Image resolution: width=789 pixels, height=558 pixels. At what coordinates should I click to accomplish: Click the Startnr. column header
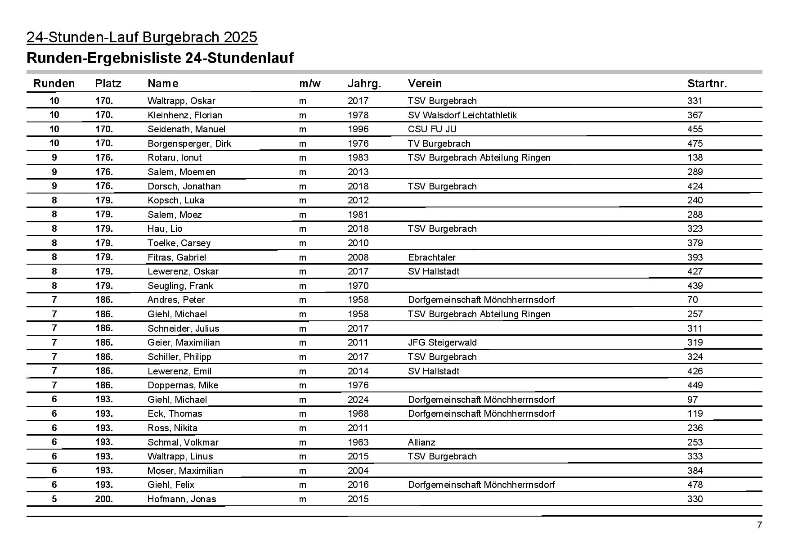pyautogui.click(x=707, y=84)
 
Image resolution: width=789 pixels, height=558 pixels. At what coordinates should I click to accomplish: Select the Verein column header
pyautogui.click(x=425, y=84)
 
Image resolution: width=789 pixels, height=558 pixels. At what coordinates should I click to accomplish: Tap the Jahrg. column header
pyautogui.click(x=364, y=84)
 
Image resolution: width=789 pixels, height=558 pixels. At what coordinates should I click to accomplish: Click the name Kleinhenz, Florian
pyautogui.click(x=185, y=115)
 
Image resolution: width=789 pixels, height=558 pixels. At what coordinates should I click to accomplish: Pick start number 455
pyautogui.click(x=695, y=129)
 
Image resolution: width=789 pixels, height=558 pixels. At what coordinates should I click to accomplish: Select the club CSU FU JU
pyautogui.click(x=432, y=129)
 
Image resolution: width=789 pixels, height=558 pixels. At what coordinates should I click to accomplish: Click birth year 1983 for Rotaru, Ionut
pyautogui.click(x=358, y=157)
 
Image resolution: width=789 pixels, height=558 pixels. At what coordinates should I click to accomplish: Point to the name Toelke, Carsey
pyautogui.click(x=179, y=243)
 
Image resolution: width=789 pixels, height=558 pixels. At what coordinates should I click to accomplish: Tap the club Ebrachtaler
pyautogui.click(x=431, y=257)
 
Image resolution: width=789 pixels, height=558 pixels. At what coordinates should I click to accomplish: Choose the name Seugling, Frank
pyautogui.click(x=180, y=286)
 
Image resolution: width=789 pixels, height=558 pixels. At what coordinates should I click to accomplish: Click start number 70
pyautogui.click(x=692, y=300)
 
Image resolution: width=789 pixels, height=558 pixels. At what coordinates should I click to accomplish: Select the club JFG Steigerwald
pyautogui.click(x=442, y=342)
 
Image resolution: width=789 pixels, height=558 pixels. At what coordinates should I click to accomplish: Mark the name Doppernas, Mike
pyautogui.click(x=183, y=385)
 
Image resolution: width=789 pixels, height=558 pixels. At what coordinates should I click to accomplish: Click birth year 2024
pyautogui.click(x=358, y=400)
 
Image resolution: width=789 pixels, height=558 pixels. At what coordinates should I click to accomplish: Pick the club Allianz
pyautogui.click(x=421, y=442)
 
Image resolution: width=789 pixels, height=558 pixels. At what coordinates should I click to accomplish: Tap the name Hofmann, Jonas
pyautogui.click(x=182, y=499)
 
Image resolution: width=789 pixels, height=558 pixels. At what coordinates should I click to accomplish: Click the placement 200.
pyautogui.click(x=104, y=499)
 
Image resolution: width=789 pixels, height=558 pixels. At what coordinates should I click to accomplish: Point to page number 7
pyautogui.click(x=759, y=525)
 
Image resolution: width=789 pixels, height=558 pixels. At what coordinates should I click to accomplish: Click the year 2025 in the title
pyautogui.click(x=240, y=37)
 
